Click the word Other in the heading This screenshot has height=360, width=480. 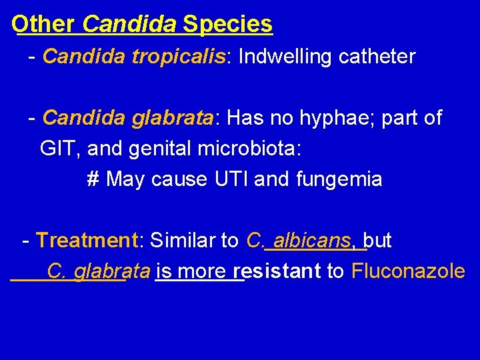click(x=43, y=24)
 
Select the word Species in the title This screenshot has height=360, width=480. click(x=228, y=24)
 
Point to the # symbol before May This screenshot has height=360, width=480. click(x=93, y=179)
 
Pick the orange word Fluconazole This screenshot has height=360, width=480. click(x=408, y=271)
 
